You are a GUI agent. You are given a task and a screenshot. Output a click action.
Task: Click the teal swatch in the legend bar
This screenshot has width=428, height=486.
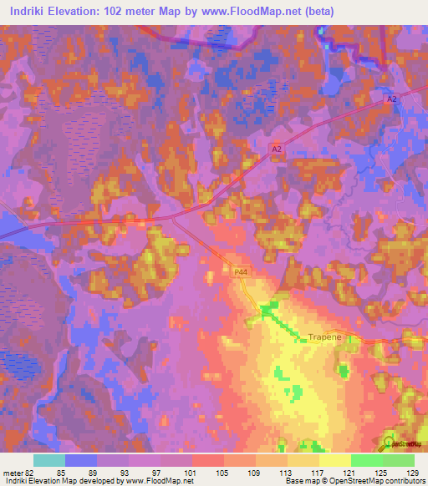click(x=49, y=460)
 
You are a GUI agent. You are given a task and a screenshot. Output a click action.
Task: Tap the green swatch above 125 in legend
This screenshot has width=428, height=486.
click(x=366, y=460)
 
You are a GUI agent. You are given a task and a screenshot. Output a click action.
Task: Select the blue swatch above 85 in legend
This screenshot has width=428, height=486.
click(x=81, y=460)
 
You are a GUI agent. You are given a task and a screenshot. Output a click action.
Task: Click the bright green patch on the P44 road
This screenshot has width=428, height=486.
click(x=267, y=311)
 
